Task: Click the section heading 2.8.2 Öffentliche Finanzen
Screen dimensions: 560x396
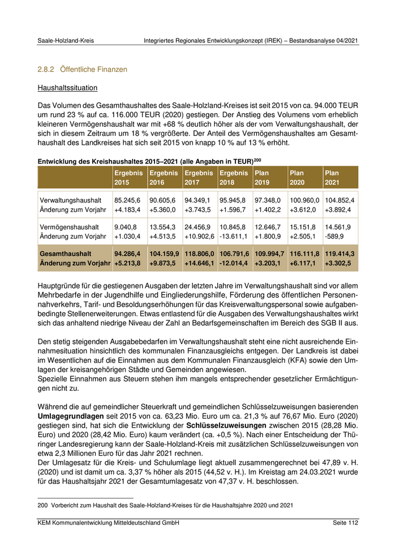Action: tap(82, 69)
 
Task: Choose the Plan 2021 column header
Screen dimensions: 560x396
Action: tap(339, 177)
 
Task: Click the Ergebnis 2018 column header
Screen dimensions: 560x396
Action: tap(234, 177)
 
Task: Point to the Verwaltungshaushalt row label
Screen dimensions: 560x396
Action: tap(71, 200)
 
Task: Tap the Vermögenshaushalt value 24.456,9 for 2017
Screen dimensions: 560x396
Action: tap(198, 227)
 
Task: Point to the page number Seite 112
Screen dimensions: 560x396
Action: tap(345, 523)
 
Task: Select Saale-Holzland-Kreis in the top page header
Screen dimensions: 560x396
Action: tap(66, 41)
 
